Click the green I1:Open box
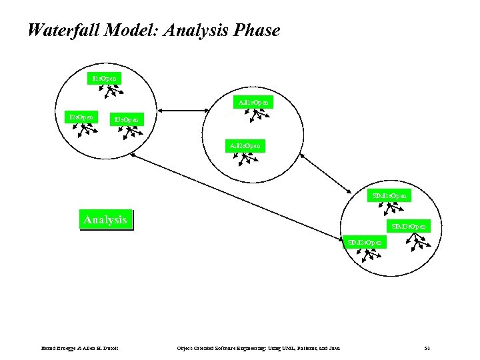pos(105,78)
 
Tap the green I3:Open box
pos(126,121)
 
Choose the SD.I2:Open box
pos(365,242)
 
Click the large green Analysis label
pos(105,219)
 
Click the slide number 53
pos(427,347)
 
